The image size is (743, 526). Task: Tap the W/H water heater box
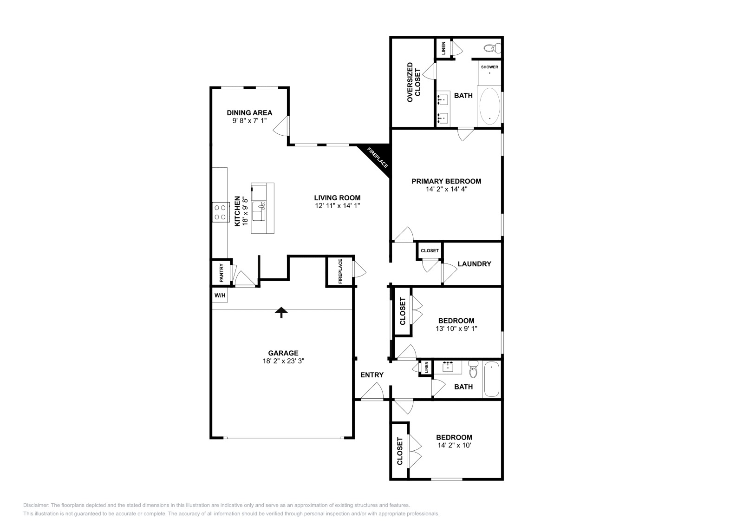220,296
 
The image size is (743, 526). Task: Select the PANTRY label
222,273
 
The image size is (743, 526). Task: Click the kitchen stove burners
220,212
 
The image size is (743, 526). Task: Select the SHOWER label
489,67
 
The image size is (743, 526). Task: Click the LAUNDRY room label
474,264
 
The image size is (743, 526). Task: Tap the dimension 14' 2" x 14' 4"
446,189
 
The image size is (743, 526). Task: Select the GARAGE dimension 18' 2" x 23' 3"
283,361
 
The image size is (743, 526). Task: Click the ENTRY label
372,375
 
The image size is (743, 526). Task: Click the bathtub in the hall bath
491,380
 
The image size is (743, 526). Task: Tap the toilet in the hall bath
473,369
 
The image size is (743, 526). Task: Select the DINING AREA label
249,112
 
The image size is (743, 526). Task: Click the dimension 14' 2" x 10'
454,445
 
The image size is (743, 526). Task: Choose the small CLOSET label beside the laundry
430,250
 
